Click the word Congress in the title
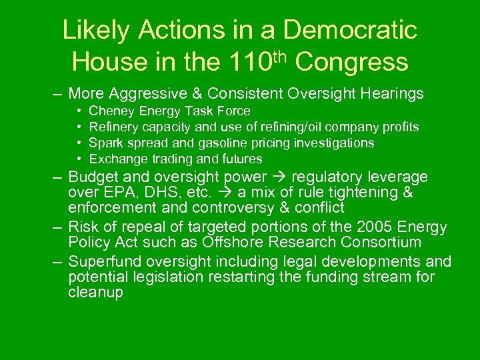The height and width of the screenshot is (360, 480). tap(351, 62)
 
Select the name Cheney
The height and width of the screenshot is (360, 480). tap(110, 111)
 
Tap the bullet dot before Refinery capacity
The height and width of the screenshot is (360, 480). tap(79, 127)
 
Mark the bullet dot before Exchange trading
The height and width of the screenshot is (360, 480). tap(79, 159)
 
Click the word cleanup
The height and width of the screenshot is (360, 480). tap(95, 292)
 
